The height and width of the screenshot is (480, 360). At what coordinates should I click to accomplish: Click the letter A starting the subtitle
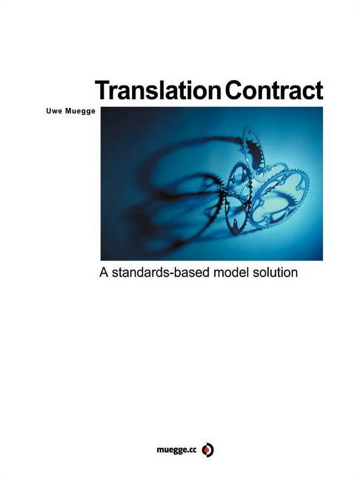[103, 273]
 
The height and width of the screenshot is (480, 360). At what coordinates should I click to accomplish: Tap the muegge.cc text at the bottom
[177, 450]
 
